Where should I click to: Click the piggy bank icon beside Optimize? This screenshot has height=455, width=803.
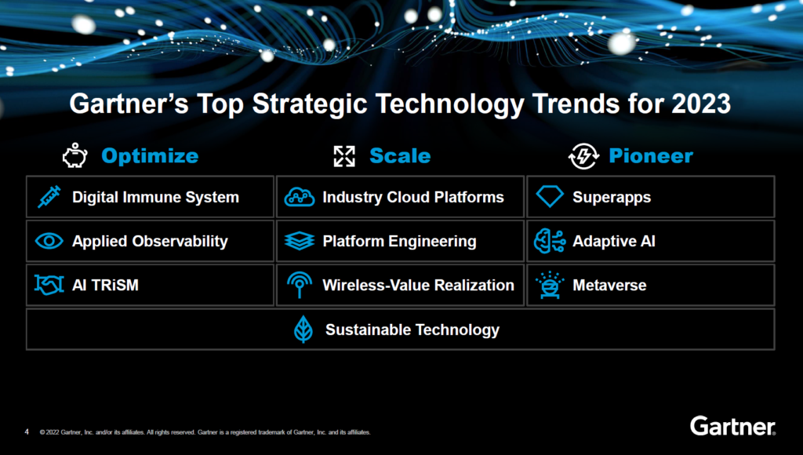[74, 156]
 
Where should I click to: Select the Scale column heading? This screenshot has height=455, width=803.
[400, 156]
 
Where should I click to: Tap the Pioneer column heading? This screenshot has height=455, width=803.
[651, 156]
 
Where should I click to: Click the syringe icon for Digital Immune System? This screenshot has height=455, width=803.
[49, 197]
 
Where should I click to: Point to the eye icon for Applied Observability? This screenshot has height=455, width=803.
[49, 241]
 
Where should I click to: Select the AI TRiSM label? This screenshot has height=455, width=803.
[105, 285]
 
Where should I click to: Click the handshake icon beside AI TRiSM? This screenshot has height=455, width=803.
[49, 285]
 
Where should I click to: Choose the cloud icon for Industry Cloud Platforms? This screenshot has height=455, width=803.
[300, 197]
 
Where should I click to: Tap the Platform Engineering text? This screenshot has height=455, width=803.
[399, 241]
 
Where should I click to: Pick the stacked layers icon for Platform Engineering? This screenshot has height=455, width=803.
[300, 241]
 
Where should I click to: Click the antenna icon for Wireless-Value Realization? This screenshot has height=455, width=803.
[300, 285]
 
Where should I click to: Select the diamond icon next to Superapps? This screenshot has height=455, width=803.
[550, 197]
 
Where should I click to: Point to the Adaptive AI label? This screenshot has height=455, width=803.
[613, 241]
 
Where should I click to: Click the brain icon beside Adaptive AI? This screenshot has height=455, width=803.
[550, 241]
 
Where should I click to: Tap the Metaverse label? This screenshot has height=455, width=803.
[609, 285]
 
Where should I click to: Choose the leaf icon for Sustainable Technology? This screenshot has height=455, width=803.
[303, 329]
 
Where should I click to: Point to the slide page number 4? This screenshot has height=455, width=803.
[27, 431]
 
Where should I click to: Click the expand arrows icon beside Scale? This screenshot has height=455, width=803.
[344, 156]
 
